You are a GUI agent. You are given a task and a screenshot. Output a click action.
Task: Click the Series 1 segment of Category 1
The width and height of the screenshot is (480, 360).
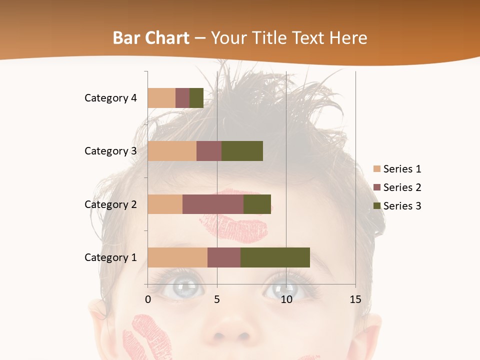177,257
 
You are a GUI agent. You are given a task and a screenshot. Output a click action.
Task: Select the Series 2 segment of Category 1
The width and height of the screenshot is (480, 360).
224,257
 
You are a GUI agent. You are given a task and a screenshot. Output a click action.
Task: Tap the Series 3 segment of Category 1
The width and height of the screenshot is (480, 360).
275,257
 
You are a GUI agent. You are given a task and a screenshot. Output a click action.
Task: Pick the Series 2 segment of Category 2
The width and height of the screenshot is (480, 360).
213,204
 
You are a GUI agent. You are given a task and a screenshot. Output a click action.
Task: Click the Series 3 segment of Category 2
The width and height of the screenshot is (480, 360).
257,204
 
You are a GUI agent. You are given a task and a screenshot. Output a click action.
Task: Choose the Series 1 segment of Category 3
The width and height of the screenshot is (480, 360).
172,151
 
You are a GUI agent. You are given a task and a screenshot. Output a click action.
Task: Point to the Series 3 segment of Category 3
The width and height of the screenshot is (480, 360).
242,151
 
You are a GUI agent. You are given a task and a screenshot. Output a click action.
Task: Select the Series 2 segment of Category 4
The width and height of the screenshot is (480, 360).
182,98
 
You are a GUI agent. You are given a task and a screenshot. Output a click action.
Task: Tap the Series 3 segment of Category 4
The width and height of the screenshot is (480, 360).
196,98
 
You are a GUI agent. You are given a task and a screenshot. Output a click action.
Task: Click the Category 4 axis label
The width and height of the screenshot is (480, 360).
110,98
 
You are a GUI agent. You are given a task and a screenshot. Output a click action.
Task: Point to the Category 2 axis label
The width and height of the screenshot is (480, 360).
110,204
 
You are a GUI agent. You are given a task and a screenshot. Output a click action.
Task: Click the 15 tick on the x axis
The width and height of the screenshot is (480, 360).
355,299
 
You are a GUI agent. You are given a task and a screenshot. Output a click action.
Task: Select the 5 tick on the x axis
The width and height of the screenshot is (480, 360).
217,299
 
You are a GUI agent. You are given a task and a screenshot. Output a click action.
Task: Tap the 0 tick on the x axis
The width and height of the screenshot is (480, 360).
148,299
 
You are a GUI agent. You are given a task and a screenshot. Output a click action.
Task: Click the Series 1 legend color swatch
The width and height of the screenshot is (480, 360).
377,169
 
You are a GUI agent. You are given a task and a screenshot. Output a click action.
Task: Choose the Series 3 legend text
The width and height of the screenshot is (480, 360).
402,206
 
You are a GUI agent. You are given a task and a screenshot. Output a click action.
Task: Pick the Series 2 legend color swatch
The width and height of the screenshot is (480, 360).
377,187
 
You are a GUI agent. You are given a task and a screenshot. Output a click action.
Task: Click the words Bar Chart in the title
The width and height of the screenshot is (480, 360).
151,38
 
